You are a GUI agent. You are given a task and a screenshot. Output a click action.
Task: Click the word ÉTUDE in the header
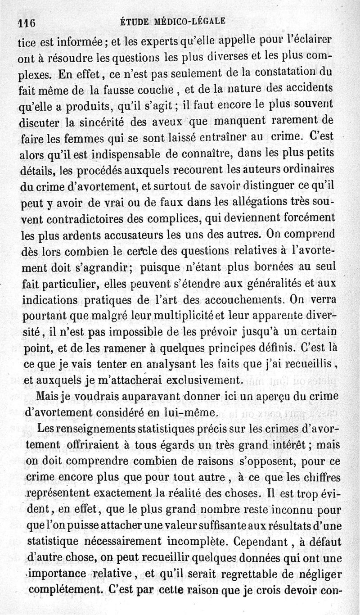134,21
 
